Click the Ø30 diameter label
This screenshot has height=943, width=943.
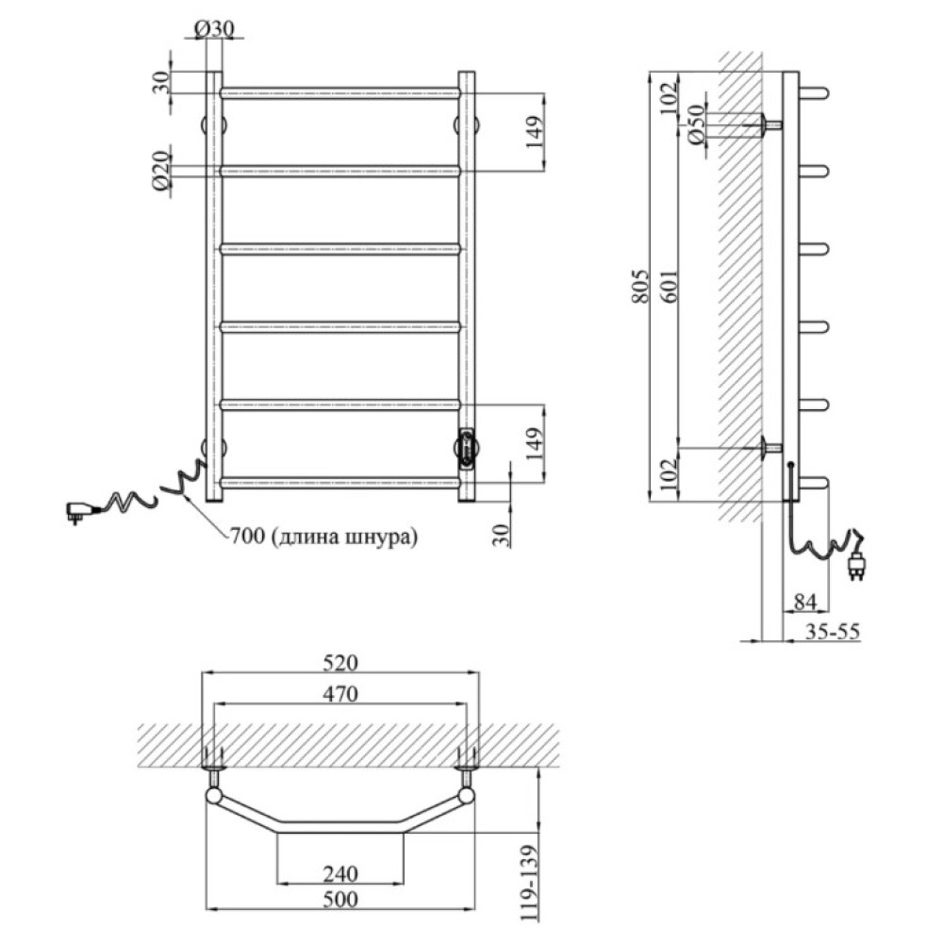(x=214, y=28)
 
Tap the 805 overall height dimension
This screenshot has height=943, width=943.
(x=641, y=286)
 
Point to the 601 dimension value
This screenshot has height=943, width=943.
(x=670, y=286)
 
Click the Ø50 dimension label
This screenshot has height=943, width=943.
(x=695, y=124)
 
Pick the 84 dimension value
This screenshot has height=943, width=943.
(x=805, y=602)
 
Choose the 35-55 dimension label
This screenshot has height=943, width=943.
(x=833, y=632)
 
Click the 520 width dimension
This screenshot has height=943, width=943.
(x=340, y=663)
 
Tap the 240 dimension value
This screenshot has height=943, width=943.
(x=340, y=873)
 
